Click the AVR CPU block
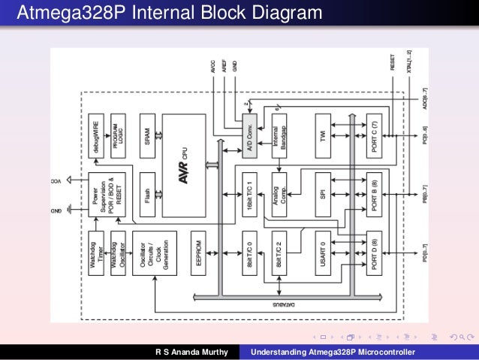pos(183,165)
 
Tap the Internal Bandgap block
pos(279,136)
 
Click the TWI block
pos(322,136)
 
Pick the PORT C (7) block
pos(375,136)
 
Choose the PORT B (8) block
pos(375,195)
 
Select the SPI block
pos(322,195)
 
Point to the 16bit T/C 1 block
pos(250,195)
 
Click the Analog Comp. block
pos(279,195)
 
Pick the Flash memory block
pos(147,195)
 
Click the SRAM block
pos(147,136)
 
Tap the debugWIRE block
pos(96,136)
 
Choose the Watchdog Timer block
pos(96,253)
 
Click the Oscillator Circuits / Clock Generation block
pos(147,253)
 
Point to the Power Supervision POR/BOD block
pos(104,195)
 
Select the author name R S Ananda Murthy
pos(191,352)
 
